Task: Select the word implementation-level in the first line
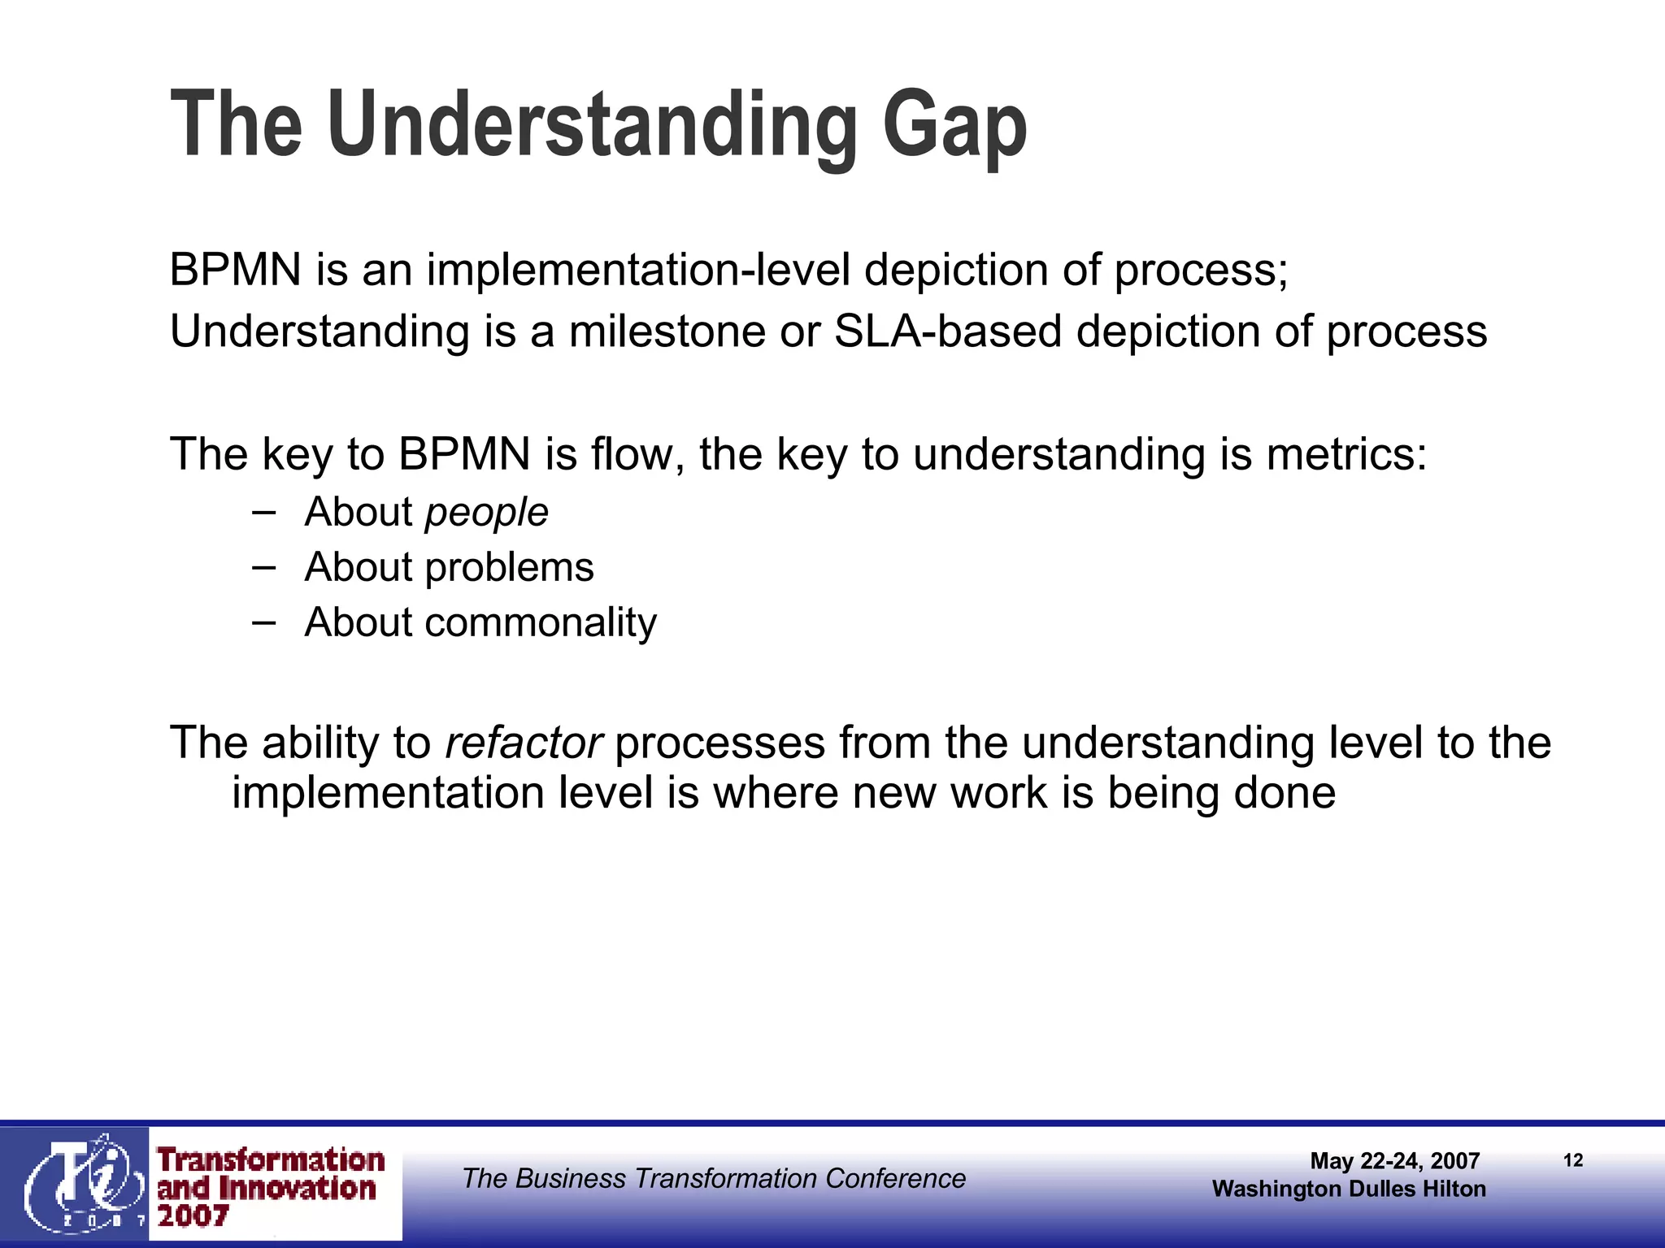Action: pyautogui.click(x=638, y=270)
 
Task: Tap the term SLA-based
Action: pyautogui.click(x=948, y=331)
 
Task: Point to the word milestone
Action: pyautogui.click(x=667, y=331)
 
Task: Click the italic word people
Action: pyautogui.click(x=486, y=513)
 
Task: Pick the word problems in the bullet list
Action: pyautogui.click(x=509, y=567)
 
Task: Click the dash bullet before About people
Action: pyautogui.click(x=263, y=512)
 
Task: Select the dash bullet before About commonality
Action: pyautogui.click(x=263, y=622)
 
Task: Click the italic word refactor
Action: pyautogui.click(x=524, y=743)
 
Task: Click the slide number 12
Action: pyautogui.click(x=1573, y=1160)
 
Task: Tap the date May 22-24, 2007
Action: pyautogui.click(x=1394, y=1161)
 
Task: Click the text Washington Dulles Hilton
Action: pyautogui.click(x=1349, y=1189)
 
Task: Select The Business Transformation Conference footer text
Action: pyautogui.click(x=714, y=1178)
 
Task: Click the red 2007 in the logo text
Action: pyautogui.click(x=193, y=1216)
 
